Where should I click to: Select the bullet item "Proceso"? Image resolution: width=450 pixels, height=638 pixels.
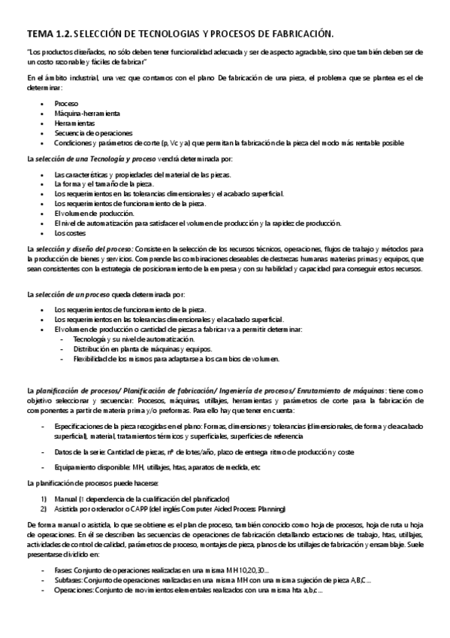[67, 102]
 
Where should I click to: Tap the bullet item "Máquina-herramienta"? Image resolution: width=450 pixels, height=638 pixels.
[87, 112]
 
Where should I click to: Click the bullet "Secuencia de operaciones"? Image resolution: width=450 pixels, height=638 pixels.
[93, 132]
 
